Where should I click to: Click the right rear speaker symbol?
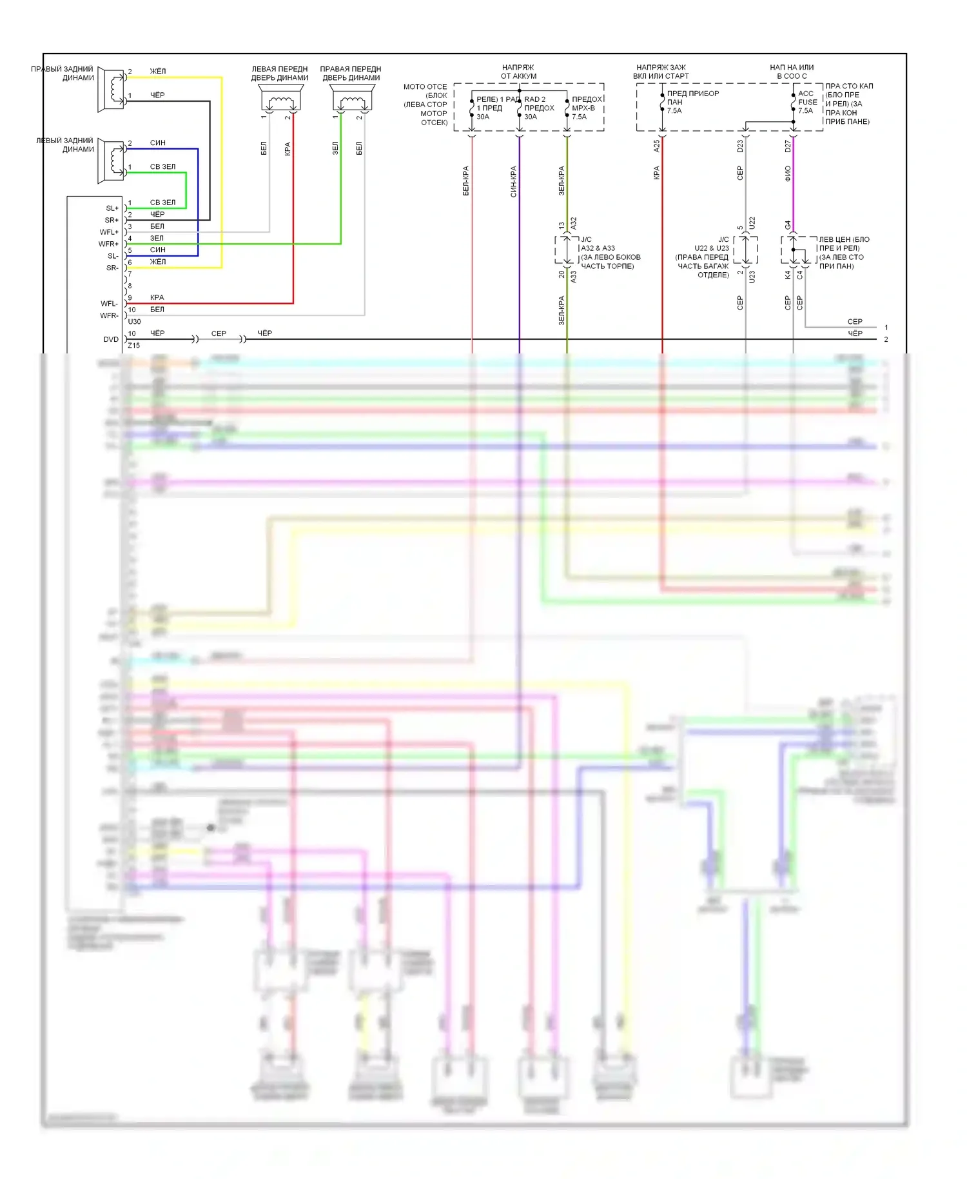112,89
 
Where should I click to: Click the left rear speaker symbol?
112,161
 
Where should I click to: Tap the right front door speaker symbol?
351,99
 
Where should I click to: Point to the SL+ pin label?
112,208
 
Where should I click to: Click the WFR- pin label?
109,315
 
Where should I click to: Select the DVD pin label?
111,339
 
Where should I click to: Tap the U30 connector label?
134,321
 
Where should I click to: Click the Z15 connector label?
133,346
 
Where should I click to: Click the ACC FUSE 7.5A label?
806,102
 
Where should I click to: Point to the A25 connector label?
657,146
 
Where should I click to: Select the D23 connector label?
740,146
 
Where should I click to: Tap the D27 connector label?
788,146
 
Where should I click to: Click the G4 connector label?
788,225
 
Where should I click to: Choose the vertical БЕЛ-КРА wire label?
465,181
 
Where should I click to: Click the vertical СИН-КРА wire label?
513,181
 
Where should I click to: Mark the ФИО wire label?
788,173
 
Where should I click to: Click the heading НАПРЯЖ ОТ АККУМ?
518,72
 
